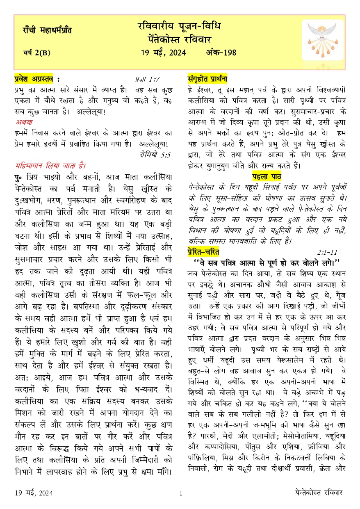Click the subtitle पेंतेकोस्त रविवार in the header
click(180, 40)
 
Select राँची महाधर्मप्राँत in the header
click(47, 30)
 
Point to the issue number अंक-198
click(221, 52)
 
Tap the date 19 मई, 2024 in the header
click(163, 52)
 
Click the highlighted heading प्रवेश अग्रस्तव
click(37, 80)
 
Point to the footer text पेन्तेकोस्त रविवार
click(319, 493)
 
